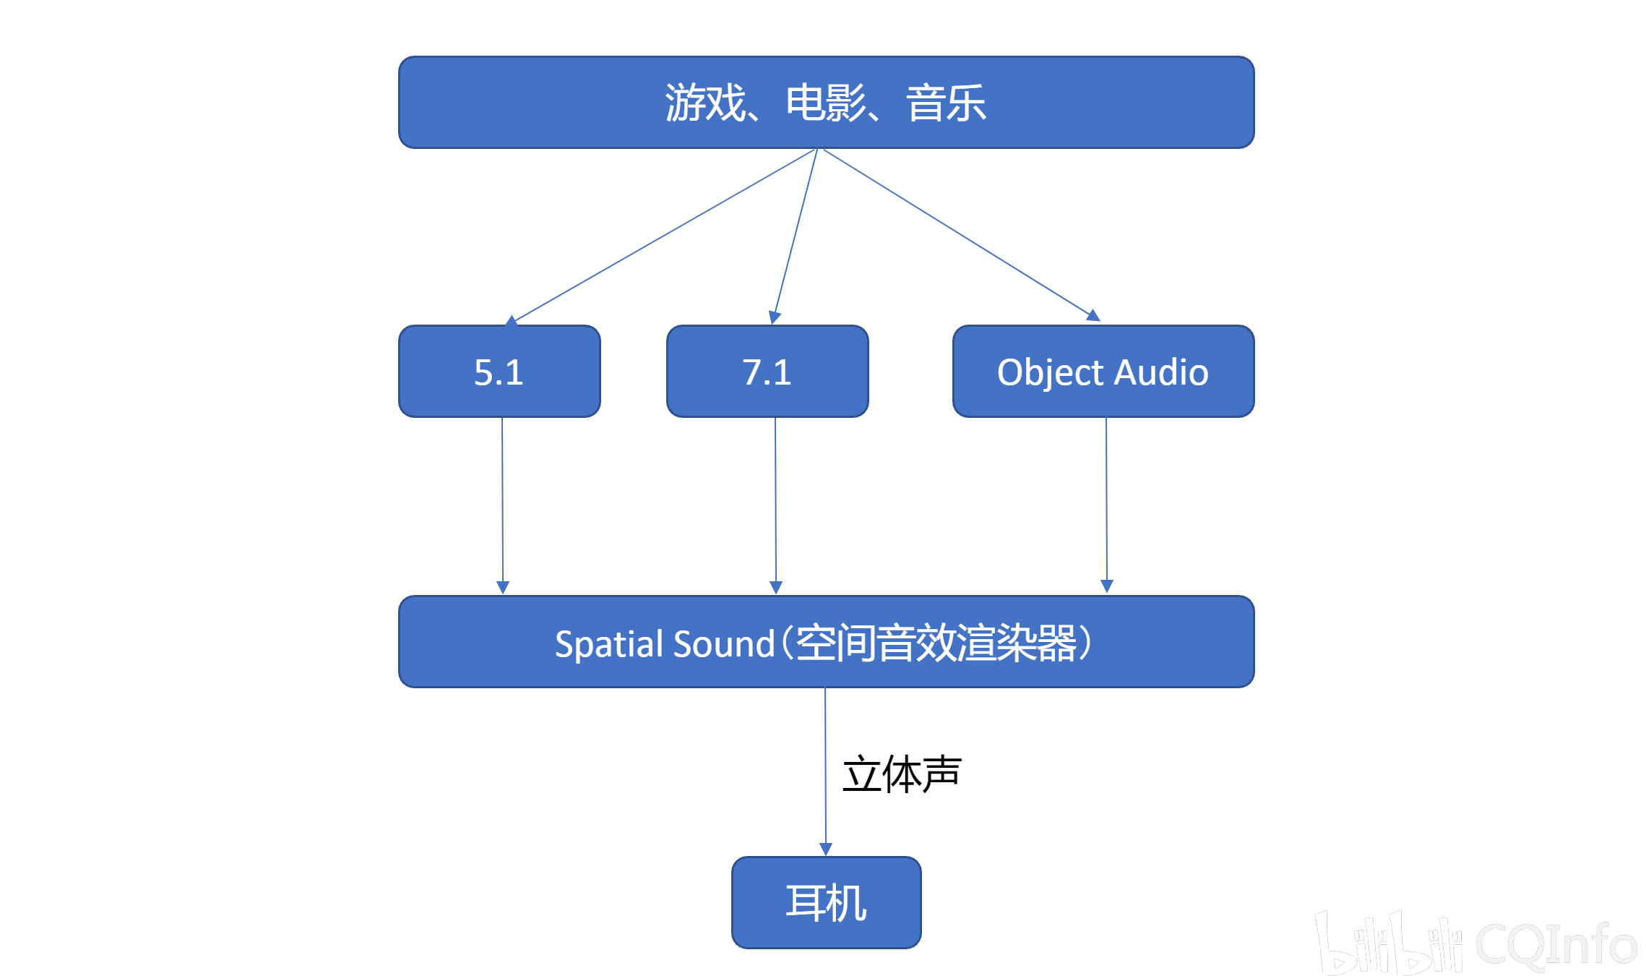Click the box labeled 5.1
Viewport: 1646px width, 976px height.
point(499,372)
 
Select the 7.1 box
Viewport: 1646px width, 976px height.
point(767,372)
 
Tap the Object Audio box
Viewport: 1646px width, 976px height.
point(1103,372)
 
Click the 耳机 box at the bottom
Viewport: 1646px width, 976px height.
point(826,902)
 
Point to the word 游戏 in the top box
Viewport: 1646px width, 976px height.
point(705,103)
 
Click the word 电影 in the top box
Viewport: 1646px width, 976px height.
point(826,103)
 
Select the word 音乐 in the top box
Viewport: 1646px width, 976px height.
point(946,103)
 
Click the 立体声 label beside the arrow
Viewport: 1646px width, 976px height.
point(902,774)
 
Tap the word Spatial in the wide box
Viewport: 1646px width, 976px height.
point(609,643)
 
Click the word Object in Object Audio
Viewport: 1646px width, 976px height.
point(1051,373)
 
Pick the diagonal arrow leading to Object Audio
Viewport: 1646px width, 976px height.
point(961,236)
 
